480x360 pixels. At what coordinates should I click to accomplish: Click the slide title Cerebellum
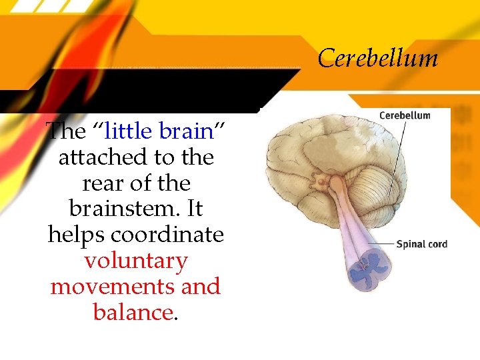378,59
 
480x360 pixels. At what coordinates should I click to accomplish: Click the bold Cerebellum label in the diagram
405,115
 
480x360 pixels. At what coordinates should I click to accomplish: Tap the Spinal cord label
421,244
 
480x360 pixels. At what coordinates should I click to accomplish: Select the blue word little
130,131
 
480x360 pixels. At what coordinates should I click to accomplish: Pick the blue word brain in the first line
186,131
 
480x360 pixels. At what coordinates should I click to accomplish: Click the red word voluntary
136,261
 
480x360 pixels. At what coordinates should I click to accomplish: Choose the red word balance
133,312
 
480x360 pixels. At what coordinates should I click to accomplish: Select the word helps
77,235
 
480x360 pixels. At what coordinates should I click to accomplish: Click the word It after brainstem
194,209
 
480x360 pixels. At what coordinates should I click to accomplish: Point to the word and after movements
201,287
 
